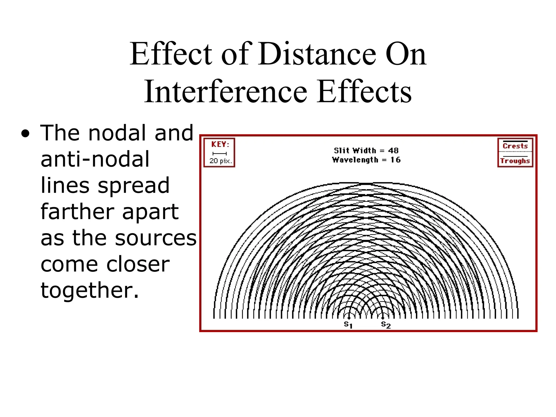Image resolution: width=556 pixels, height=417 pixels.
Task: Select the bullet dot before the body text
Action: tap(25, 134)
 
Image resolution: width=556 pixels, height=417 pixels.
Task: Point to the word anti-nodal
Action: tap(95, 159)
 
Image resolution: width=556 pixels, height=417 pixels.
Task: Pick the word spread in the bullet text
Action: tap(134, 186)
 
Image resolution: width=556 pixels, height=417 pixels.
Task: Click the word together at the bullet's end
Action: tap(90, 290)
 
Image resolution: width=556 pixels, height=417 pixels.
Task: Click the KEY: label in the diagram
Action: tap(220, 144)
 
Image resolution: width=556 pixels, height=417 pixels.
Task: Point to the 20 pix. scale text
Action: tap(220, 161)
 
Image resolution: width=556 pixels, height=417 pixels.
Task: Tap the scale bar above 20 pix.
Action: tap(219, 154)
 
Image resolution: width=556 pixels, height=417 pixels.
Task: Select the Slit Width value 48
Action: tap(393, 150)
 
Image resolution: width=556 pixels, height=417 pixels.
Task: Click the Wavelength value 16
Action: tap(395, 160)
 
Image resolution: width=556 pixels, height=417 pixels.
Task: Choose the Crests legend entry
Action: tap(515, 146)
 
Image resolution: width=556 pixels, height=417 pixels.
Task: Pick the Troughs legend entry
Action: tap(515, 161)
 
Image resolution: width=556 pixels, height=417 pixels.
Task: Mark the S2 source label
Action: tap(386, 324)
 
